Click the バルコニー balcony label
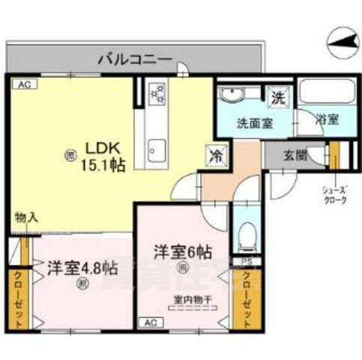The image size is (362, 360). point(135,58)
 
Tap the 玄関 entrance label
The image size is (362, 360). point(295,156)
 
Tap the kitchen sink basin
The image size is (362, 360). point(157,147)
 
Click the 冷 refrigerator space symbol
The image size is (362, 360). point(214,157)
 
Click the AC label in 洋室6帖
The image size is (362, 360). point(148,322)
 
